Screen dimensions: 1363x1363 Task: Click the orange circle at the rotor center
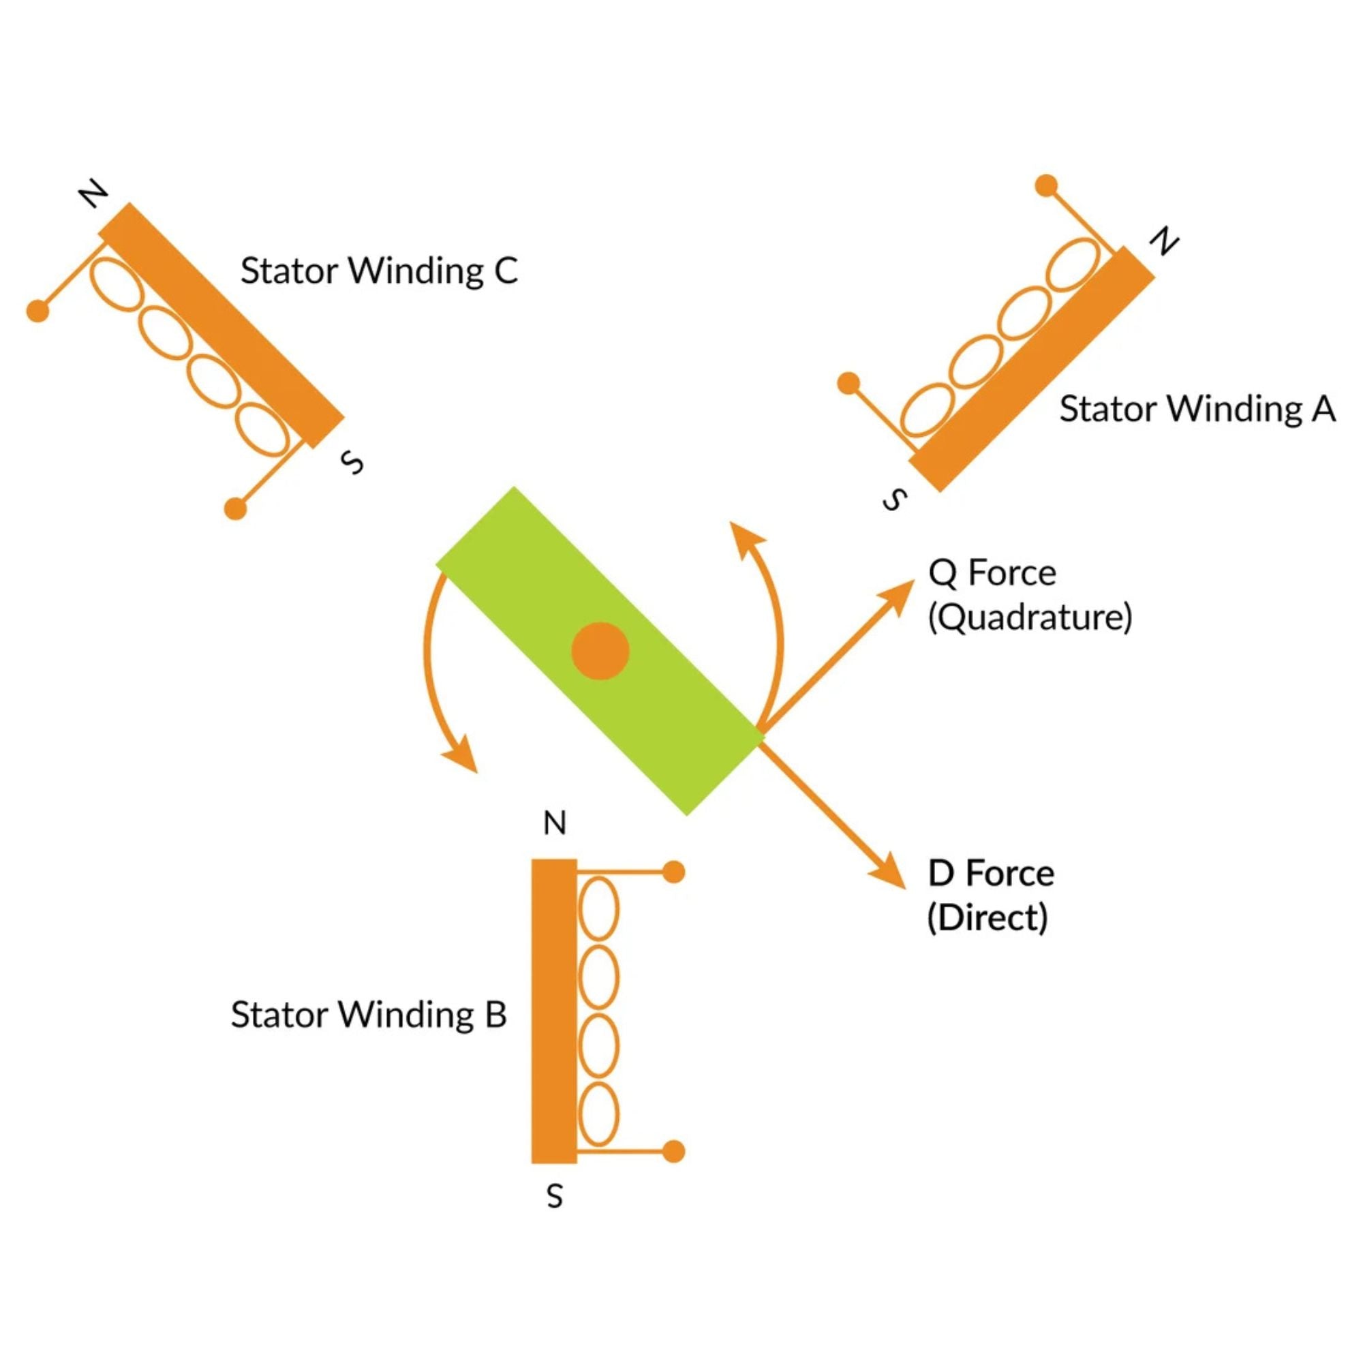coord(600,650)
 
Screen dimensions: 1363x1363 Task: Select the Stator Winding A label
coord(1197,409)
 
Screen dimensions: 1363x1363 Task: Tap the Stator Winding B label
coord(368,1015)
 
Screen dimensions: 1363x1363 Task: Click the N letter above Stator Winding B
coord(555,823)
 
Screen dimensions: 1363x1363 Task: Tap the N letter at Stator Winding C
coord(93,194)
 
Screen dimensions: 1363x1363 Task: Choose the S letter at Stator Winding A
coord(895,500)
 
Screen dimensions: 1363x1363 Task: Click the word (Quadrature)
coord(1029,617)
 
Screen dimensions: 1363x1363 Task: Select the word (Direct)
coord(987,918)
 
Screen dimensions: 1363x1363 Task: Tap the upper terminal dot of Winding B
coord(675,873)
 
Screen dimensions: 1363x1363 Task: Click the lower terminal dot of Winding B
coord(675,1151)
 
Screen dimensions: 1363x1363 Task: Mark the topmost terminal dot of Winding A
coord(1045,185)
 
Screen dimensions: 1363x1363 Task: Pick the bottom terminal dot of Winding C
coord(236,508)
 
